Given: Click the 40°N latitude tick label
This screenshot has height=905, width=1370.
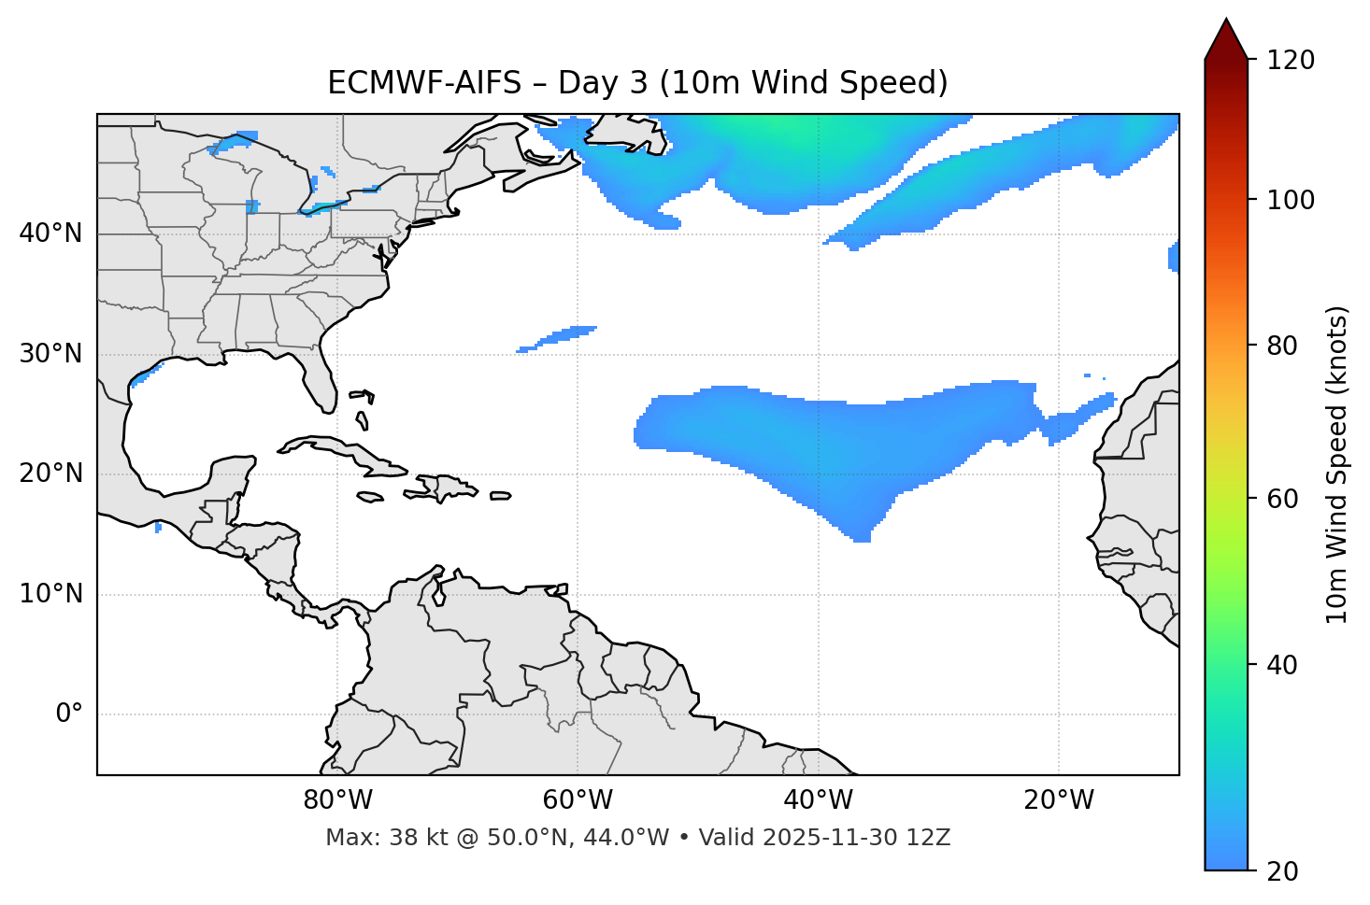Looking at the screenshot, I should coord(50,233).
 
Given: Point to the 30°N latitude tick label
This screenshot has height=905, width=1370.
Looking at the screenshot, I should coord(50,354).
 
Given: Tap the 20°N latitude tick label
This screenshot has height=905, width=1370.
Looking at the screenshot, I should coord(50,474).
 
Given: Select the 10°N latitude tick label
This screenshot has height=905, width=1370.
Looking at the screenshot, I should coord(50,594).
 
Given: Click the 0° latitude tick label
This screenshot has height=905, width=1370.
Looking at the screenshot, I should coord(69,714).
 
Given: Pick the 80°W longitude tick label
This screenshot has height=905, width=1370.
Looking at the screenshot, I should coord(337,800).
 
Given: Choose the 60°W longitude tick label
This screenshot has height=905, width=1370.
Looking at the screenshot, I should coord(578,800).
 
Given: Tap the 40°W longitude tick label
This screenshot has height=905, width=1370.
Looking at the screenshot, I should coord(818,800).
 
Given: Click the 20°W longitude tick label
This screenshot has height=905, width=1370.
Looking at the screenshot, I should coord(1058,800).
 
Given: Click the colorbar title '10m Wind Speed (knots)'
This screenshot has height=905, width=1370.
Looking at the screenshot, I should coord(1337,464).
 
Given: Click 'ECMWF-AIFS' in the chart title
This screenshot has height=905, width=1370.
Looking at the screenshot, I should coord(424,83).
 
